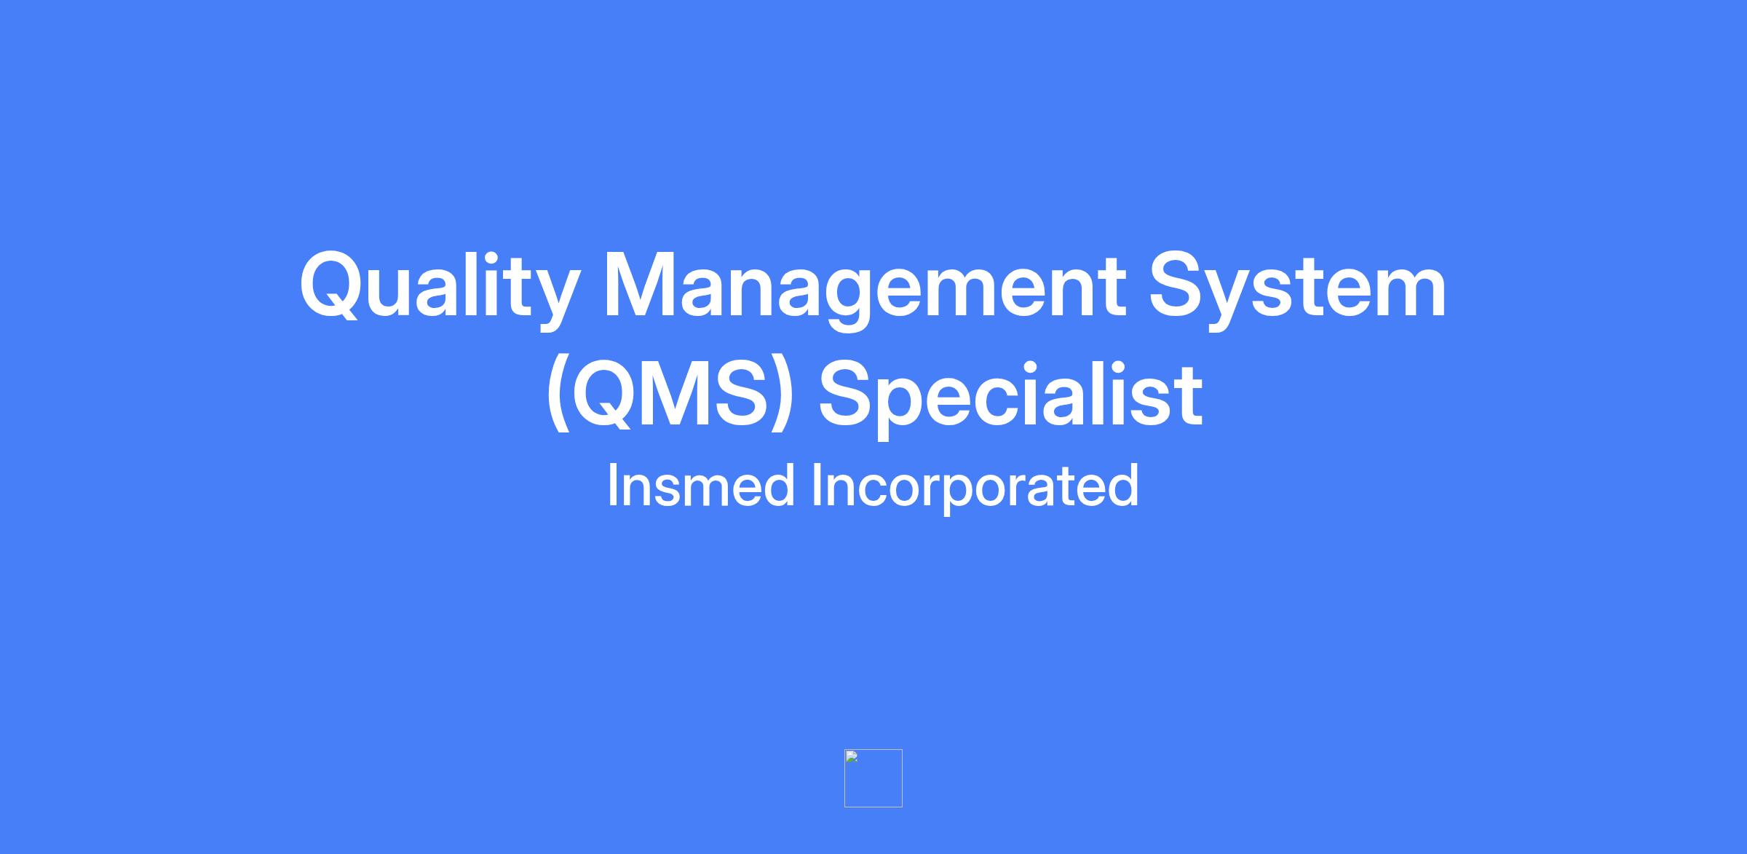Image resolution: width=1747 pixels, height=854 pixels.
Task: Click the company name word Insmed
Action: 700,486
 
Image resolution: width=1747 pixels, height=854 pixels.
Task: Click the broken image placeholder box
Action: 873,778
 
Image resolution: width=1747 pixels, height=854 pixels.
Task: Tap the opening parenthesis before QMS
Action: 558,397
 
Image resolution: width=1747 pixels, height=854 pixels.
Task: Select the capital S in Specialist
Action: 847,394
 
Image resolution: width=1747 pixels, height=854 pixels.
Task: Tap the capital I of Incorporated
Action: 817,485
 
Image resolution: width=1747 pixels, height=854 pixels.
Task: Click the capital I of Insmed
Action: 612,485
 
